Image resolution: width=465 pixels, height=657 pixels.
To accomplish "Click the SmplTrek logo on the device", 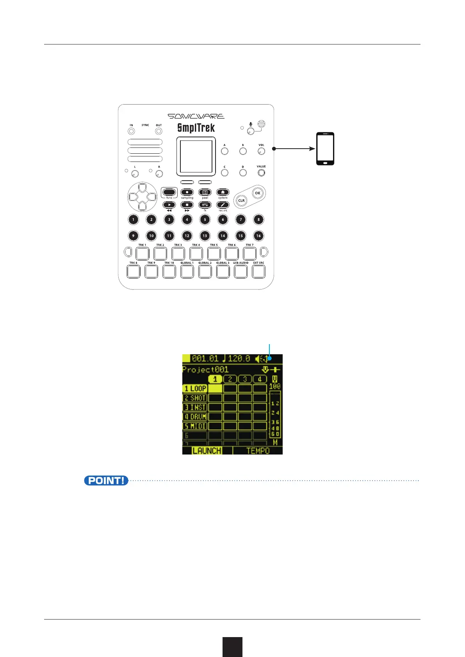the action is (x=196, y=128).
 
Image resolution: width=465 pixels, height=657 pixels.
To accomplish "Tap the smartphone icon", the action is (x=325, y=149).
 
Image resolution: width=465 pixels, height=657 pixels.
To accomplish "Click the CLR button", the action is (x=241, y=201).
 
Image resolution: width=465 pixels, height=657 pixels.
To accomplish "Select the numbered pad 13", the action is (x=205, y=236).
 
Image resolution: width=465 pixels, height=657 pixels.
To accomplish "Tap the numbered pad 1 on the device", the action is (x=133, y=219).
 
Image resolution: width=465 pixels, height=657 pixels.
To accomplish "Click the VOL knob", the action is (x=261, y=151).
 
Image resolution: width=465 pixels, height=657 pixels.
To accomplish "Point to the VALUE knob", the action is (x=261, y=172).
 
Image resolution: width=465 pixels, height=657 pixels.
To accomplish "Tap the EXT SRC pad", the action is (x=258, y=271).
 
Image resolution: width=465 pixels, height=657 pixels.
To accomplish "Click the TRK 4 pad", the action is (x=196, y=254).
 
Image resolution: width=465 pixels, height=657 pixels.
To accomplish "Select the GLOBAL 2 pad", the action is (x=205, y=271).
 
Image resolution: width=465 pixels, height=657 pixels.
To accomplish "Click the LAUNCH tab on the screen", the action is (x=207, y=451).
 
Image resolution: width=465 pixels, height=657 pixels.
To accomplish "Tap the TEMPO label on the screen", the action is (x=258, y=451).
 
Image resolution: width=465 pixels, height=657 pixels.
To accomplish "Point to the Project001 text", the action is (x=205, y=369).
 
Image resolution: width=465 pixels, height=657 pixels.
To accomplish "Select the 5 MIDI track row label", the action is (x=195, y=426).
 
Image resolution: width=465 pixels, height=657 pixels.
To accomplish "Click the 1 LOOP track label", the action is (x=195, y=389).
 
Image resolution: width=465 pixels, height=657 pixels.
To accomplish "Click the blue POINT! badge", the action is (x=106, y=481).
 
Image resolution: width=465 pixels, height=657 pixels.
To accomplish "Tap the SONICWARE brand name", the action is (x=196, y=116).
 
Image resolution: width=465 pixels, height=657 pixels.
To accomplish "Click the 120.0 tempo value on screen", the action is (x=239, y=359).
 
